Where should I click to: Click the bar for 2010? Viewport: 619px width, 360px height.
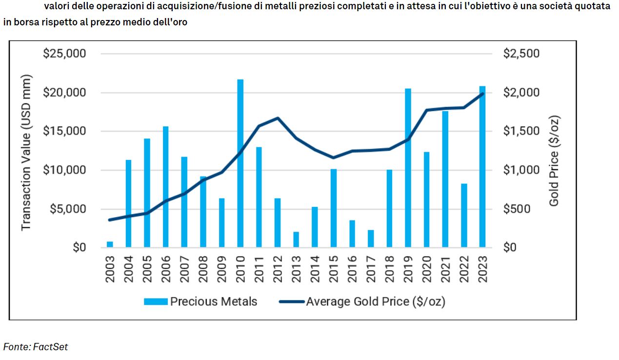tap(240, 163)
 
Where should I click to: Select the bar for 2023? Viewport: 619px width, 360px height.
tap(482, 167)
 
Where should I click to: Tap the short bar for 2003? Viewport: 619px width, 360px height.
tap(110, 244)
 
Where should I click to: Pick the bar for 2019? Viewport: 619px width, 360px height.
tap(408, 168)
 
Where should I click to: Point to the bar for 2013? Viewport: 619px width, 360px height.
tap(296, 240)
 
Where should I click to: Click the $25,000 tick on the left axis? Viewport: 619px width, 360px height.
tap(65, 54)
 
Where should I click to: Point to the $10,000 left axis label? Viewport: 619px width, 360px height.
tap(65, 170)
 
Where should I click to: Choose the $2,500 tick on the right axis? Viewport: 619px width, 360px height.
tap(521, 54)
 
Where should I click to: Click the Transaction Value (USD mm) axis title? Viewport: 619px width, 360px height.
tap(26, 152)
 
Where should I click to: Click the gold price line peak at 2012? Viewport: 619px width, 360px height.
tap(278, 118)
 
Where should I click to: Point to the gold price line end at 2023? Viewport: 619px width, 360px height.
tap(482, 94)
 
